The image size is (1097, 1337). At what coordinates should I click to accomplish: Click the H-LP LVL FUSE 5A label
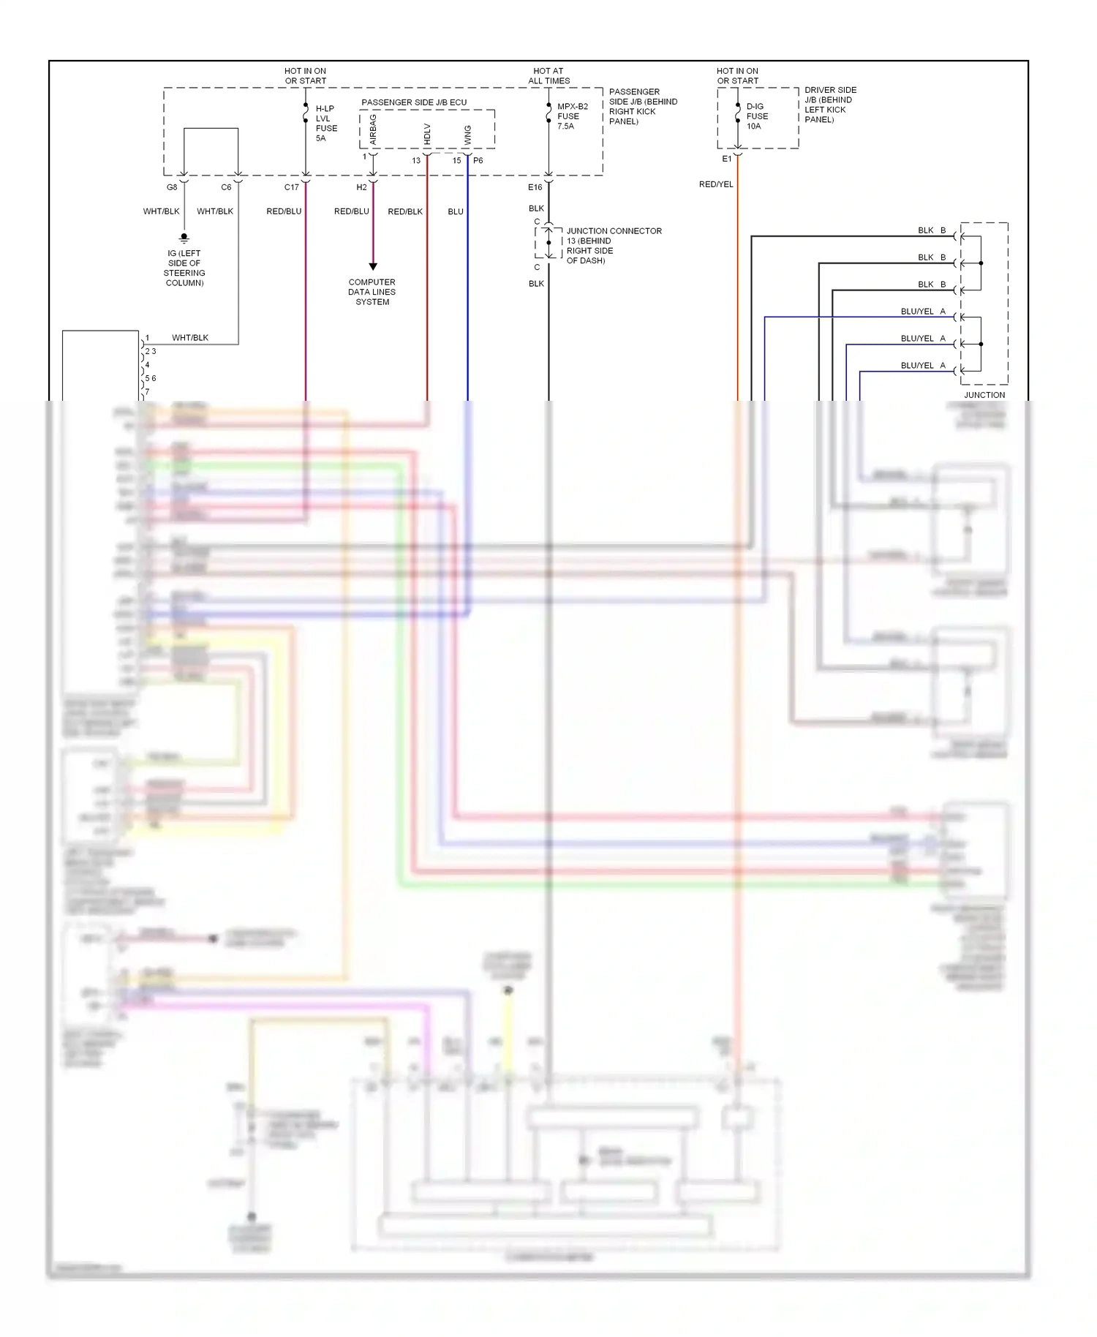pyautogui.click(x=325, y=123)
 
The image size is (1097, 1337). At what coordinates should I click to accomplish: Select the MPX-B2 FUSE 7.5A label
pyautogui.click(x=571, y=116)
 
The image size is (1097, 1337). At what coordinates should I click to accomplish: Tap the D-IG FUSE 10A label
pyautogui.click(x=756, y=116)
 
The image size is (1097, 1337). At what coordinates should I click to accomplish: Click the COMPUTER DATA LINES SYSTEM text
pyautogui.click(x=372, y=292)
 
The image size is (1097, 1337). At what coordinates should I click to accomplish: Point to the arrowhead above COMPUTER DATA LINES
pyautogui.click(x=373, y=267)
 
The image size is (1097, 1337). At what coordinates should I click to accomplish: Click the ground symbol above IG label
pyautogui.click(x=184, y=238)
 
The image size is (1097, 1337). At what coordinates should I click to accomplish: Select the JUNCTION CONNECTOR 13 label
pyautogui.click(x=613, y=245)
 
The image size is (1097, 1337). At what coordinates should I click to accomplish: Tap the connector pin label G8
pyautogui.click(x=172, y=187)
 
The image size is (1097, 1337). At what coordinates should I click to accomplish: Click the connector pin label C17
pyautogui.click(x=291, y=187)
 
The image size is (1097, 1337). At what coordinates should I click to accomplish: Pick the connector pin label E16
pyautogui.click(x=535, y=187)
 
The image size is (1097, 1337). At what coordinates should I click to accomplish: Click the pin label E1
pyautogui.click(x=726, y=159)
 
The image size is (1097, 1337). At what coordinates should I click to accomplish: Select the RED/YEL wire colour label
pyautogui.click(x=715, y=184)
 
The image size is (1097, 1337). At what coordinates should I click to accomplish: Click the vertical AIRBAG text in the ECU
pyautogui.click(x=373, y=129)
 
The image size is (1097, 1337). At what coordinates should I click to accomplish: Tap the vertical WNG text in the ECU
pyautogui.click(x=467, y=135)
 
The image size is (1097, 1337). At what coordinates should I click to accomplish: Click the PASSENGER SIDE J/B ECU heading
pyautogui.click(x=414, y=102)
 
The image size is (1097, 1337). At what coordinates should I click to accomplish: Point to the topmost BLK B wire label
pyautogui.click(x=931, y=230)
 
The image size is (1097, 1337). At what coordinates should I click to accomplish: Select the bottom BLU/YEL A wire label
pyautogui.click(x=922, y=366)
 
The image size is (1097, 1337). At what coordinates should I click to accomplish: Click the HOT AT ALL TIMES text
pyautogui.click(x=548, y=76)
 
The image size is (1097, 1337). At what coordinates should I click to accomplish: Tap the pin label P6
pyautogui.click(x=478, y=160)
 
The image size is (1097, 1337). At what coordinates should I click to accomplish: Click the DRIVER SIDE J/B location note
pyautogui.click(x=829, y=105)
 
